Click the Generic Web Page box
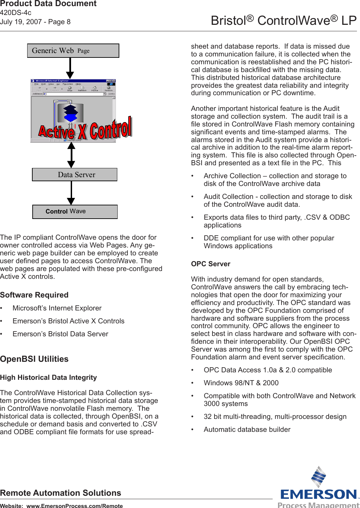[73, 51]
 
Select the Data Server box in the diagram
[75, 175]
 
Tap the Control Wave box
[75, 211]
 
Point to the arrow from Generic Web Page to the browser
[70, 68]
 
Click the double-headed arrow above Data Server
[71, 155]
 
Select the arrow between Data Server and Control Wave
[71, 193]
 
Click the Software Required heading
[34, 295]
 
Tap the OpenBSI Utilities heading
[34, 359]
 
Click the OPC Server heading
[210, 264]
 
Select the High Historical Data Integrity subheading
[48, 377]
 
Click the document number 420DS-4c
[16, 13]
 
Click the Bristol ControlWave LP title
[284, 20]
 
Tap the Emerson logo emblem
[319, 477]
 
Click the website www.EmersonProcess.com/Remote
[74, 506]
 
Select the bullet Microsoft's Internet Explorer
[57, 308]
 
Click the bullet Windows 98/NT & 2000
[241, 383]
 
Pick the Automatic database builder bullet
[247, 429]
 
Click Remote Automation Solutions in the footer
[61, 493]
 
